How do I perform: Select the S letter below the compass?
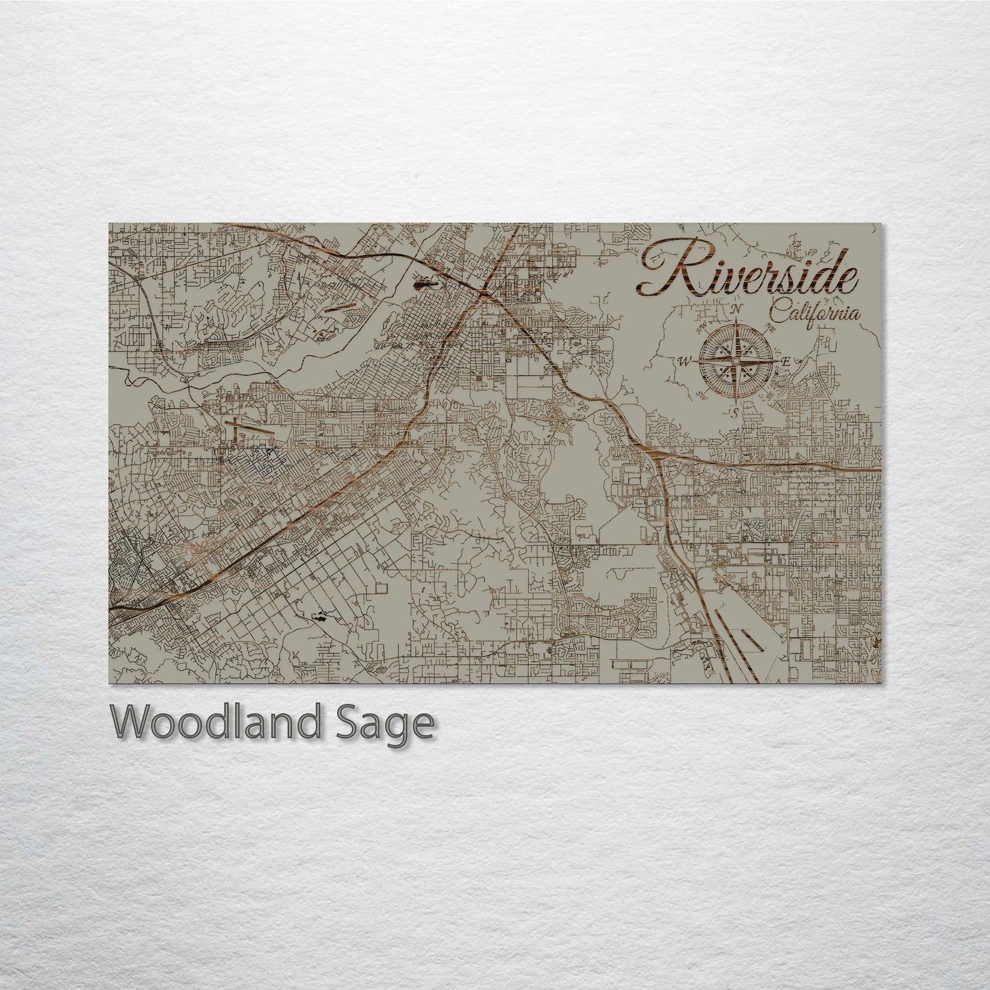733,412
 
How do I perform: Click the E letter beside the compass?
787,362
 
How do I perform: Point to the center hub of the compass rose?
736,361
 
